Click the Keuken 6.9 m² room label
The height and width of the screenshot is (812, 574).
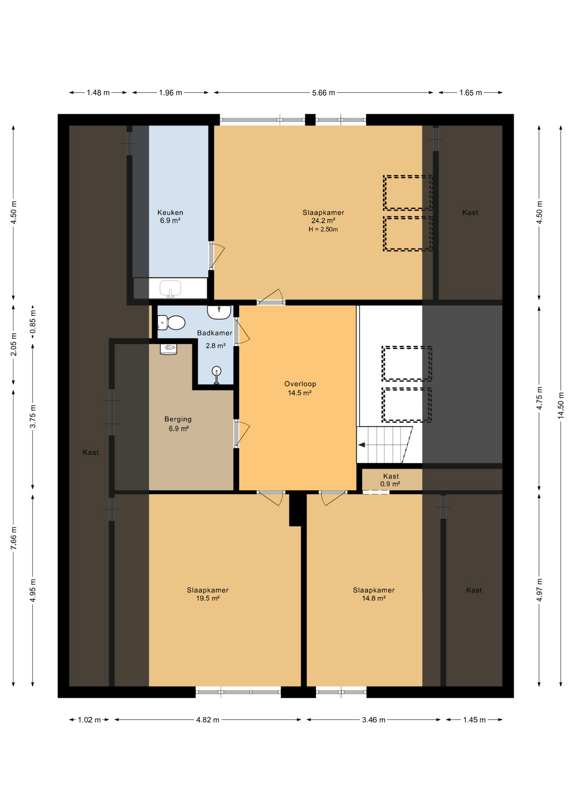(170, 217)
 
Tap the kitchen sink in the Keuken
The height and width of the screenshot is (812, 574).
(170, 288)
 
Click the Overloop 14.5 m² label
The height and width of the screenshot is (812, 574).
(300, 388)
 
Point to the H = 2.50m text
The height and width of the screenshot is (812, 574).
(323, 230)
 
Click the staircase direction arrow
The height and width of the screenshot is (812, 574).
(362, 445)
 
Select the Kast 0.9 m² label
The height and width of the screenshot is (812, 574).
(390, 480)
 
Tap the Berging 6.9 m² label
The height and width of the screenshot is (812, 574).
(178, 424)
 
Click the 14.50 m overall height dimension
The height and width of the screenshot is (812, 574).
(560, 405)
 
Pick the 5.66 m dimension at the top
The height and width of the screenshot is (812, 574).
(323, 93)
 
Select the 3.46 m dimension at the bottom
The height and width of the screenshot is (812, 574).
(373, 720)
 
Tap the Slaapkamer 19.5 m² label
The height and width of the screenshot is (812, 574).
(208, 594)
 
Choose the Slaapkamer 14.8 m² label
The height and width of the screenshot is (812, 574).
(374, 594)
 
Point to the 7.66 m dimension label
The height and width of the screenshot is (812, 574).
(14, 538)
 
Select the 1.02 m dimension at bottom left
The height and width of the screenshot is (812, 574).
(89, 720)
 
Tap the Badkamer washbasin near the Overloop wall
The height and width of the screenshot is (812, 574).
(219, 312)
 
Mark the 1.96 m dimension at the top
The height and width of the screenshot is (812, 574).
(170, 93)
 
